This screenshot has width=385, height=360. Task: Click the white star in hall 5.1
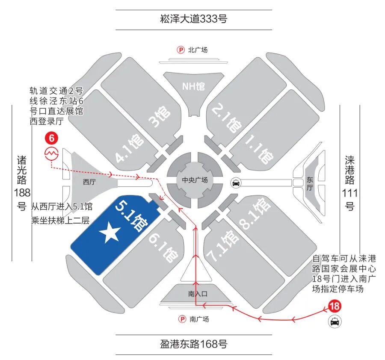[110, 234]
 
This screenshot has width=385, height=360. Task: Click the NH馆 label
[193, 86]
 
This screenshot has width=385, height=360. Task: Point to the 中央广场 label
[195, 180]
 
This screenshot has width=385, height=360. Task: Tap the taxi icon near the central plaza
[235, 183]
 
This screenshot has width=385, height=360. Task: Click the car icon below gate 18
[335, 322]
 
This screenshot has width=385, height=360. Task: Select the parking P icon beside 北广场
[181, 50]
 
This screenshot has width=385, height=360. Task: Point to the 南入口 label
[197, 294]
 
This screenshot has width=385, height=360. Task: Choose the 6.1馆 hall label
[163, 248]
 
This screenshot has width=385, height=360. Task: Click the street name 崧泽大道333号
[193, 19]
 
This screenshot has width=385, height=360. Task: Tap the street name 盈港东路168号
[193, 344]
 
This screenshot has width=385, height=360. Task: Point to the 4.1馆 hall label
[129, 149]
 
